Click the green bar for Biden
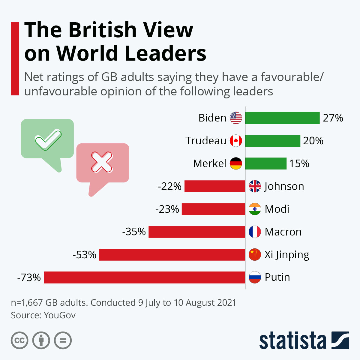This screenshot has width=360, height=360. click(x=282, y=118)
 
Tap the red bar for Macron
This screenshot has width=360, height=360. click(x=197, y=232)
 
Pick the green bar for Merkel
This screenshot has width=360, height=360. click(x=266, y=163)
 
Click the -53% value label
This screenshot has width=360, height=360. click(x=84, y=255)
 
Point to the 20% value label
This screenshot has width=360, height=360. click(x=313, y=141)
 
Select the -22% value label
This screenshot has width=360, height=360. click(x=169, y=187)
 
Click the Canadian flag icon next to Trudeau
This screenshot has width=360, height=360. click(x=236, y=141)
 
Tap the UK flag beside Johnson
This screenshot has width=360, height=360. click(x=255, y=186)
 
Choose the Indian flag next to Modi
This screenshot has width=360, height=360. click(x=255, y=209)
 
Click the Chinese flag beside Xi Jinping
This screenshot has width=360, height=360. click(x=255, y=255)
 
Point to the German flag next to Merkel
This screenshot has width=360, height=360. click(x=236, y=163)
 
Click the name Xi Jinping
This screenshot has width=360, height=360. click(x=287, y=255)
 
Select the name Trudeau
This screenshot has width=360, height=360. click(x=206, y=141)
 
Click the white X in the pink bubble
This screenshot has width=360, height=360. click(x=102, y=162)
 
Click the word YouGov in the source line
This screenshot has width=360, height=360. click(x=60, y=315)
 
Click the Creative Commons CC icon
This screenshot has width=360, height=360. click(x=19, y=340)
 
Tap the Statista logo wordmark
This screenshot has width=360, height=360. click(x=292, y=340)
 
